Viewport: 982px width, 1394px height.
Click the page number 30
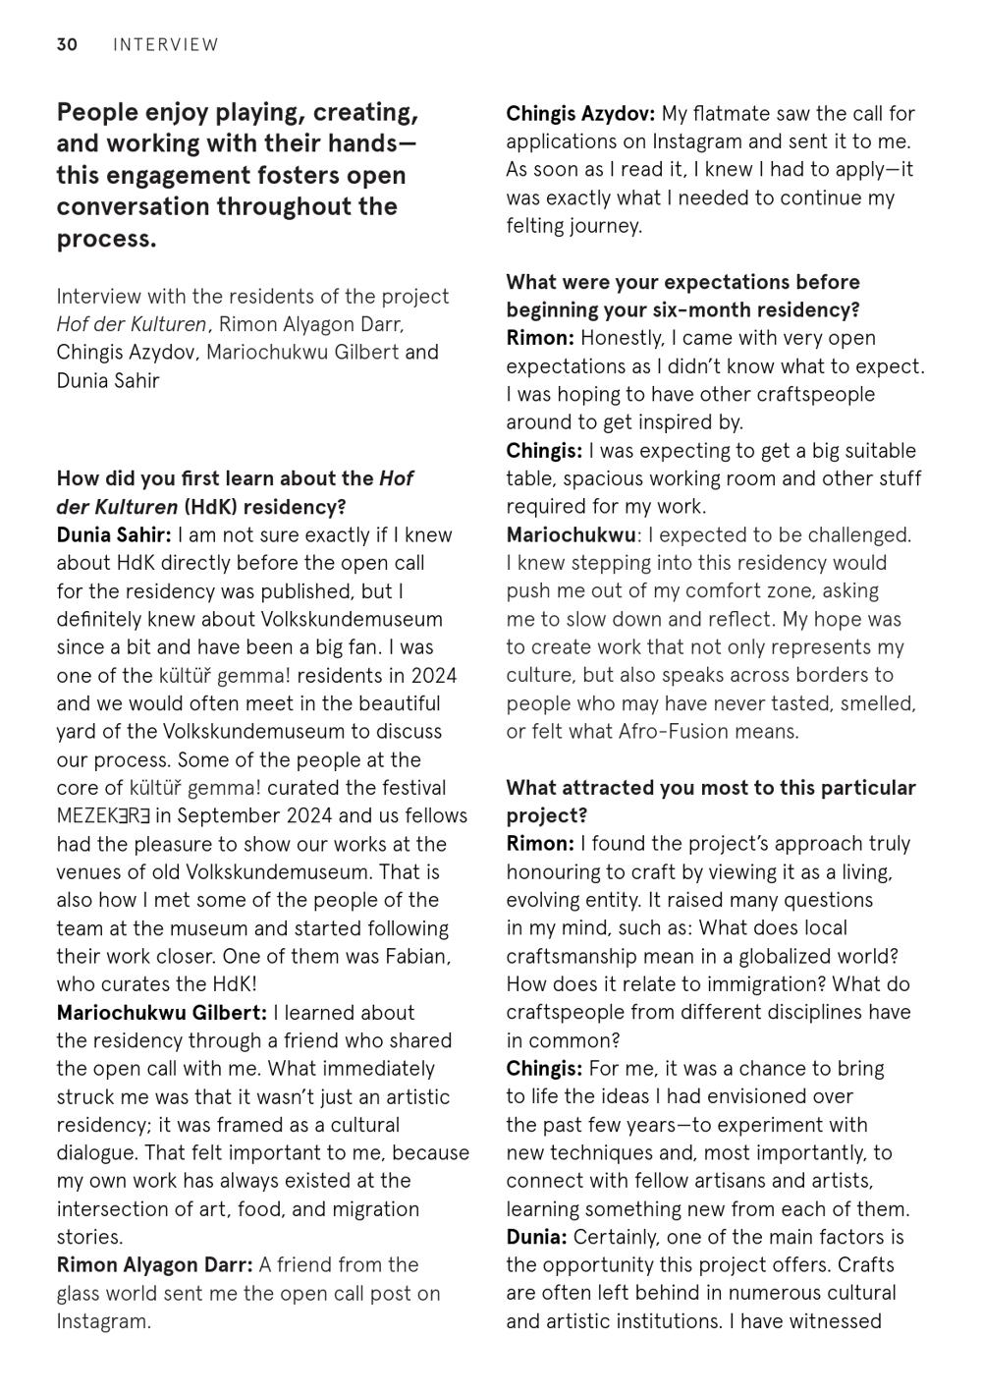pyautogui.click(x=67, y=44)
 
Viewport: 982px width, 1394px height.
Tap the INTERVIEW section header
pyautogui.click(x=166, y=44)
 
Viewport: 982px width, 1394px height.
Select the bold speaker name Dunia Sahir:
pyautogui.click(x=114, y=535)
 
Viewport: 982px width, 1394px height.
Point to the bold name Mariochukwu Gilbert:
pyautogui.click(x=161, y=1013)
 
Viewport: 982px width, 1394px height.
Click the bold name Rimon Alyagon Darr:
pyautogui.click(x=154, y=1265)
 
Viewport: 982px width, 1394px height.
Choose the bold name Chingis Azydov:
pyautogui.click(x=581, y=114)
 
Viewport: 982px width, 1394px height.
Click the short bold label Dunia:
pyautogui.click(x=536, y=1238)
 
